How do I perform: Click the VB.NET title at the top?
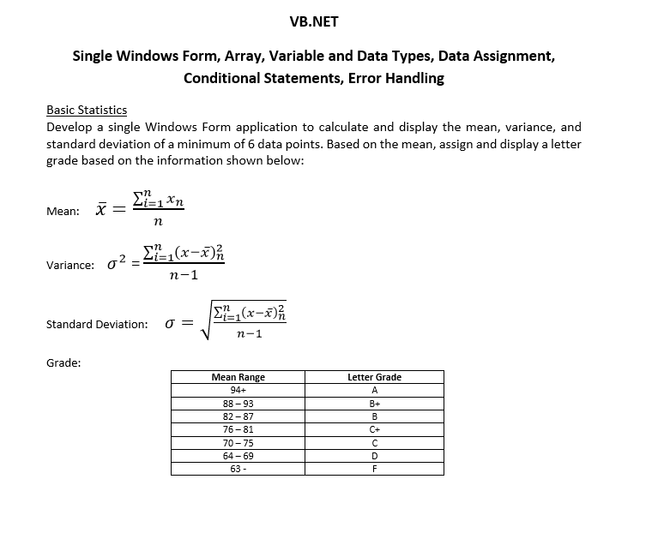(x=315, y=21)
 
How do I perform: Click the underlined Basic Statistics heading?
(x=87, y=110)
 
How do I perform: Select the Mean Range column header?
(x=238, y=377)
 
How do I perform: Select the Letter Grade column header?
(x=374, y=377)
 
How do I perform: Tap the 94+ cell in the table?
(x=238, y=390)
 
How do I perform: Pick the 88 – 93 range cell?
(x=238, y=404)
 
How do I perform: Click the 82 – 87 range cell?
(x=238, y=416)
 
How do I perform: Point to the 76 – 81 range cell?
(x=238, y=429)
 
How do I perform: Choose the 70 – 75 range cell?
(x=238, y=443)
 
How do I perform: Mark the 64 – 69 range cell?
(x=238, y=456)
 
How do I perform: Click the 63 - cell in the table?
(x=238, y=469)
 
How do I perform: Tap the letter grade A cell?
(x=374, y=390)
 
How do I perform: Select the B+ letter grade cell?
(x=374, y=404)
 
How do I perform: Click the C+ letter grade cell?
(x=374, y=429)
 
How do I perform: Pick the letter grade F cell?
(x=374, y=469)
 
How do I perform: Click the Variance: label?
(x=70, y=266)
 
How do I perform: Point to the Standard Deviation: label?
(x=96, y=325)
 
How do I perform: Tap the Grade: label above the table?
(x=63, y=363)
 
